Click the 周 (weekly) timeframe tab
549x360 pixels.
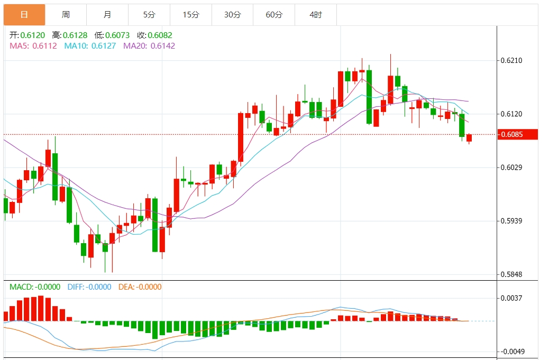66,15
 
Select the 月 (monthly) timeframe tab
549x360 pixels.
107,15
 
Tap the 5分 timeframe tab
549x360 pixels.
149,15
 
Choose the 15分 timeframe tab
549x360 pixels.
191,15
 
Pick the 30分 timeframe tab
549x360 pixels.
232,15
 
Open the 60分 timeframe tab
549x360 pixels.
274,15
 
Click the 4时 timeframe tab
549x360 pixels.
315,15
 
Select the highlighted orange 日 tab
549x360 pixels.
24,15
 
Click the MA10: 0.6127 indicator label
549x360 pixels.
90,46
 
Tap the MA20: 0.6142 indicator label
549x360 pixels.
149,46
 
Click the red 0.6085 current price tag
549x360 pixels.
518,134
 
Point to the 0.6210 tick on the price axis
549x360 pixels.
511,60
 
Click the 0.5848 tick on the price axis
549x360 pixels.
511,274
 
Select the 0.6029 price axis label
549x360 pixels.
511,168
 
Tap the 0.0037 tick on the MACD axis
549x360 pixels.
511,298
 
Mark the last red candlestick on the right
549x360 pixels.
469,138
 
